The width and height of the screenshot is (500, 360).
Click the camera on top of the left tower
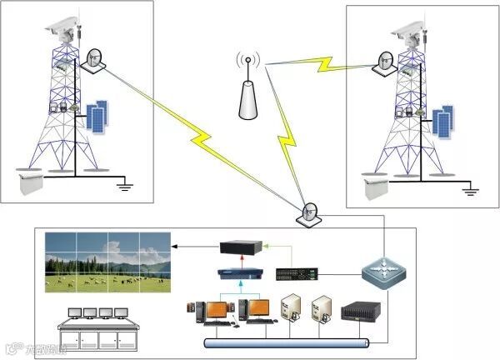click(62, 27)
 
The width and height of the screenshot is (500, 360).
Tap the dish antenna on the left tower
click(92, 59)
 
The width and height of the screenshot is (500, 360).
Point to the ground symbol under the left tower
click(125, 185)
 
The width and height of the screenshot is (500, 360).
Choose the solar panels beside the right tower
click(442, 122)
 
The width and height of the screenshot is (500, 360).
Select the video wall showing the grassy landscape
click(107, 262)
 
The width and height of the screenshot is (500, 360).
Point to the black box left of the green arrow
click(242, 247)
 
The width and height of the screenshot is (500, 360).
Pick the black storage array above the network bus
click(361, 310)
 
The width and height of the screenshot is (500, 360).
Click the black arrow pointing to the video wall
click(196, 247)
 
